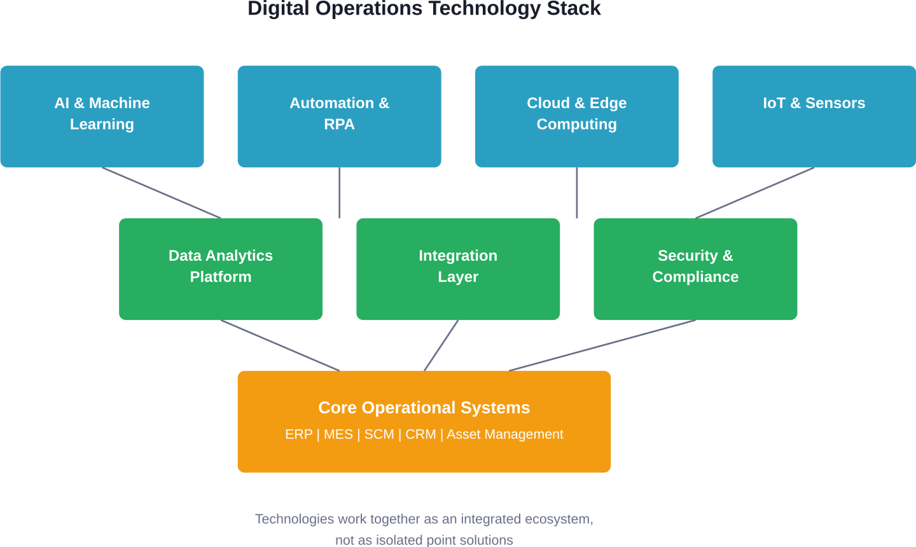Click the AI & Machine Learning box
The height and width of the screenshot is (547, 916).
tap(102, 116)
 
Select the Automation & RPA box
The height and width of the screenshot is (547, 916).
tap(339, 116)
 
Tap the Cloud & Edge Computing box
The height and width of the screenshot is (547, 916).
tap(576, 116)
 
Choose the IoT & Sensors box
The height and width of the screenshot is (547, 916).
tap(814, 116)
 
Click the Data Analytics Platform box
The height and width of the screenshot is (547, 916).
tap(221, 269)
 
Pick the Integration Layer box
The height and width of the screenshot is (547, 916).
tap(458, 269)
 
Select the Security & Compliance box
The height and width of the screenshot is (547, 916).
tap(695, 269)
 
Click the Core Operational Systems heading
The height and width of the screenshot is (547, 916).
tap(424, 408)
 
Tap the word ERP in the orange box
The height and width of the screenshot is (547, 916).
tap(298, 434)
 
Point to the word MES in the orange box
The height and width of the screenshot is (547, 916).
tap(338, 434)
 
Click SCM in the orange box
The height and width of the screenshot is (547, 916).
tap(379, 434)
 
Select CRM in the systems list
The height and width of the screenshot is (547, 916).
tap(420, 434)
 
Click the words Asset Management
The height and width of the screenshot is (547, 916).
tap(504, 434)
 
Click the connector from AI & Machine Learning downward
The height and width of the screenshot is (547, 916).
tap(162, 193)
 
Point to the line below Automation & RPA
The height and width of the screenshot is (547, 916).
tap(340, 193)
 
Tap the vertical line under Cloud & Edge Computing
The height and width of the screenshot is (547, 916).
tap(577, 193)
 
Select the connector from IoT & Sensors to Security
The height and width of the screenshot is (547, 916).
tap(754, 193)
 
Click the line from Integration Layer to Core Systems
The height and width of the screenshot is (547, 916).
tap(441, 345)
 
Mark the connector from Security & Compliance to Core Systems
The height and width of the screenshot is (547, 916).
tap(602, 345)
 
